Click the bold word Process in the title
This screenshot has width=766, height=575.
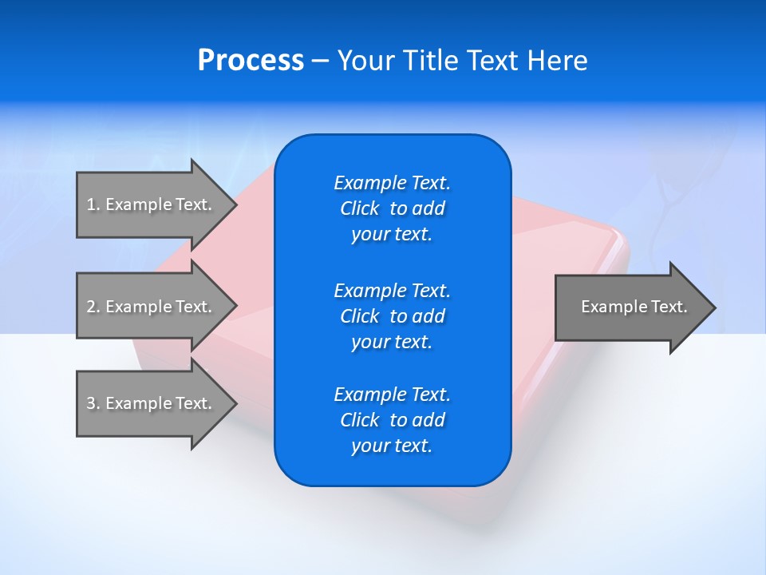[x=251, y=61]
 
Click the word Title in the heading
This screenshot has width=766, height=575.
[x=431, y=61]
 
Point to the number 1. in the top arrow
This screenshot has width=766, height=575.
[x=93, y=204]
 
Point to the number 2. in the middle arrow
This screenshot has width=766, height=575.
[x=93, y=307]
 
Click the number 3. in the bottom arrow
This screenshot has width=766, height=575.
[x=93, y=403]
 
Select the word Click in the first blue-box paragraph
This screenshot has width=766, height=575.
[x=360, y=208]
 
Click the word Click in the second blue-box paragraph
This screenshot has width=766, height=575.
[x=360, y=316]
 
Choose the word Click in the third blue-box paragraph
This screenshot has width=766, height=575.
[x=360, y=420]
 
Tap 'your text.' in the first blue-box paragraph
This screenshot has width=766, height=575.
[x=392, y=235]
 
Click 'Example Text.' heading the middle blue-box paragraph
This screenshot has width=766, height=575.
[x=392, y=290]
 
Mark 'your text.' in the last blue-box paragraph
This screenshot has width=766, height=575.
[x=392, y=446]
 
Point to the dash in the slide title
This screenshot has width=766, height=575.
[x=320, y=61]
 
